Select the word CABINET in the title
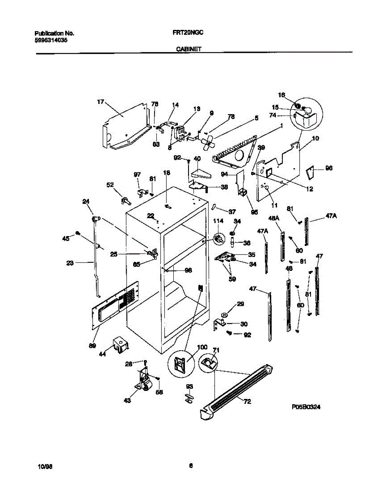(189, 49)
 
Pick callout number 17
(100, 102)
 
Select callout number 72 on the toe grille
(247, 402)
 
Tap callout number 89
(93, 346)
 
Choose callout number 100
(202, 347)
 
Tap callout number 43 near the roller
(127, 401)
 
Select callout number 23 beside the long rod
(70, 264)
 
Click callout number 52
(110, 185)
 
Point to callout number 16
(281, 95)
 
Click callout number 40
(197, 158)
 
